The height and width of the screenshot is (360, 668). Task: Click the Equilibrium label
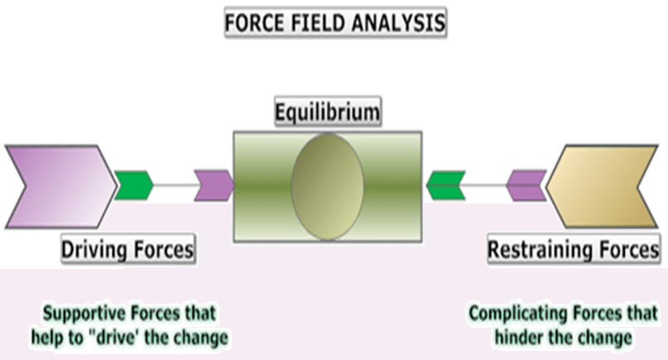point(327,113)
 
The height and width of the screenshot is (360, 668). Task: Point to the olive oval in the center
point(327,186)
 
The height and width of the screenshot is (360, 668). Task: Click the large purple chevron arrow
point(60,186)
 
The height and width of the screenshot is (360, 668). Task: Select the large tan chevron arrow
point(602,186)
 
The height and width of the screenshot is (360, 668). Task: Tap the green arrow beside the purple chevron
point(134,185)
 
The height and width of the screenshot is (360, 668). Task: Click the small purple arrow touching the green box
point(214,185)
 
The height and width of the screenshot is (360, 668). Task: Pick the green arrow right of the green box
point(445,185)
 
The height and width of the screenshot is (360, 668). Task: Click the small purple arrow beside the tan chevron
point(526,185)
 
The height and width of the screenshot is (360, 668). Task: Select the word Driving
point(94,250)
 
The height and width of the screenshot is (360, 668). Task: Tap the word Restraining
point(539,250)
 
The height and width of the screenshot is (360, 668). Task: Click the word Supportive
point(84,314)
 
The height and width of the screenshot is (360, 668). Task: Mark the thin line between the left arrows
point(174,185)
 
